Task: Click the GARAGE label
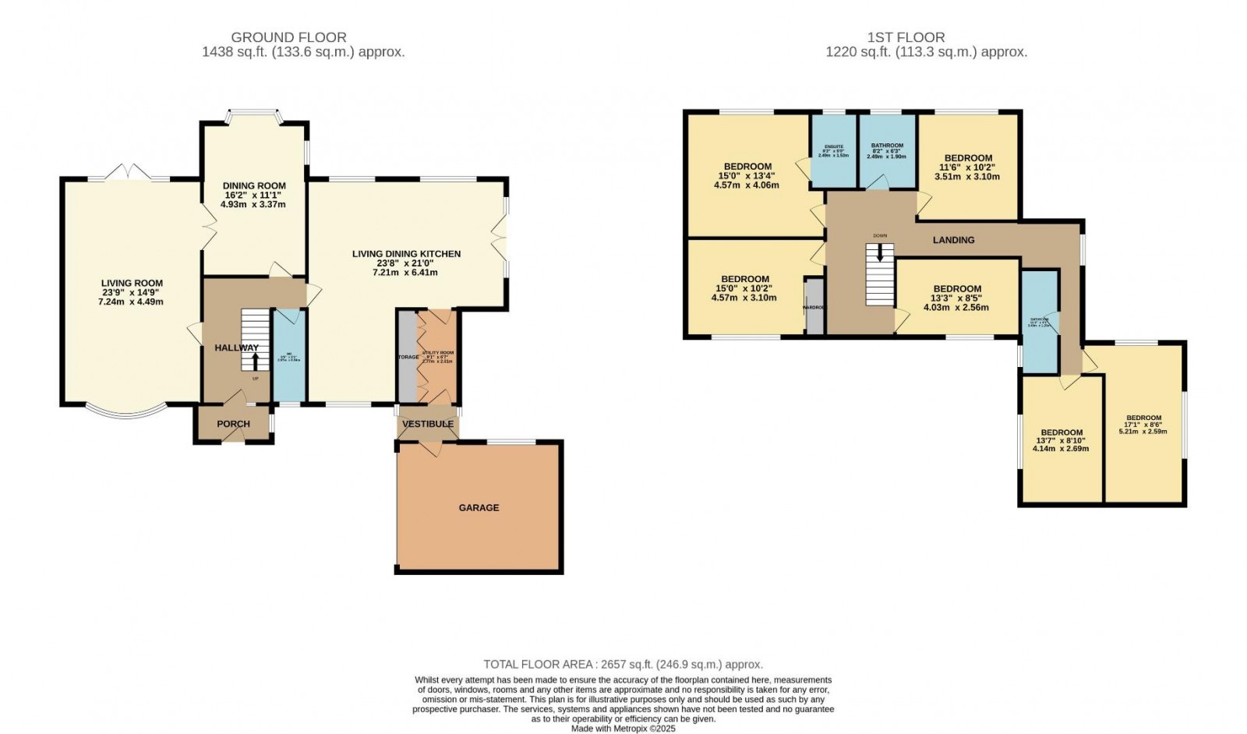[479, 507]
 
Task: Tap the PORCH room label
[233, 424]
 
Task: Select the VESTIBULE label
[428, 424]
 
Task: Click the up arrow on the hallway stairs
[254, 362]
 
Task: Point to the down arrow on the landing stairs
[880, 253]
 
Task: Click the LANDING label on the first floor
[953, 240]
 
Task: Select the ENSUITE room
[833, 151]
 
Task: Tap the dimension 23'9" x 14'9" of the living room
[132, 292]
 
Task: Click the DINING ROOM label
[253, 185]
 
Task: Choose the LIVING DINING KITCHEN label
[406, 254]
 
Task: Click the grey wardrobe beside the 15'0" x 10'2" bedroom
[814, 306]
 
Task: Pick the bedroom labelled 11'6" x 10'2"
[967, 167]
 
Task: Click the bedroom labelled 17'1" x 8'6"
[1143, 424]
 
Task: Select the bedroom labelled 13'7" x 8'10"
[1061, 440]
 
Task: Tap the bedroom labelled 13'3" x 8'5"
[956, 298]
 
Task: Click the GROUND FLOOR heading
[289, 37]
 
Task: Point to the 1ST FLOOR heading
[906, 37]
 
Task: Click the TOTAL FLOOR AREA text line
[623, 665]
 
